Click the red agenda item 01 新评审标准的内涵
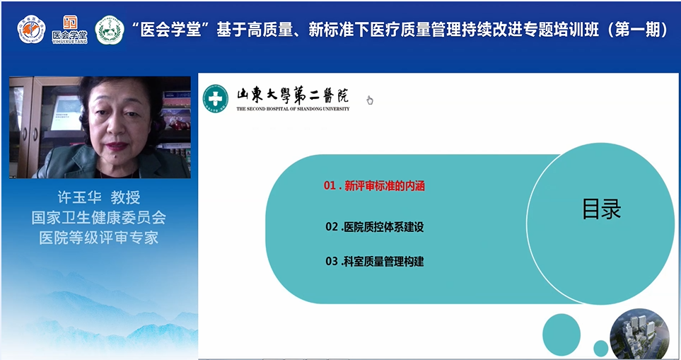coord(375,186)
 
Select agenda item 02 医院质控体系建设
coord(375,227)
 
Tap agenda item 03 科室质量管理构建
coord(375,262)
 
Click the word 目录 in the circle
coord(601,209)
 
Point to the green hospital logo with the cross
coord(216,98)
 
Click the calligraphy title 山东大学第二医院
coord(292,95)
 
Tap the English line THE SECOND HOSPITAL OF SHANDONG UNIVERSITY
coord(293,110)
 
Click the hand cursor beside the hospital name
coord(369,100)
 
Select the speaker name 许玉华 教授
coord(98,198)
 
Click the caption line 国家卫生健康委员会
coord(98,218)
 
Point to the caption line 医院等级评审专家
coord(98,238)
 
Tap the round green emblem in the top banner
coord(110,30)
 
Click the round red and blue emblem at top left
coord(31,30)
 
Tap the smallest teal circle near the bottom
coord(600,348)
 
